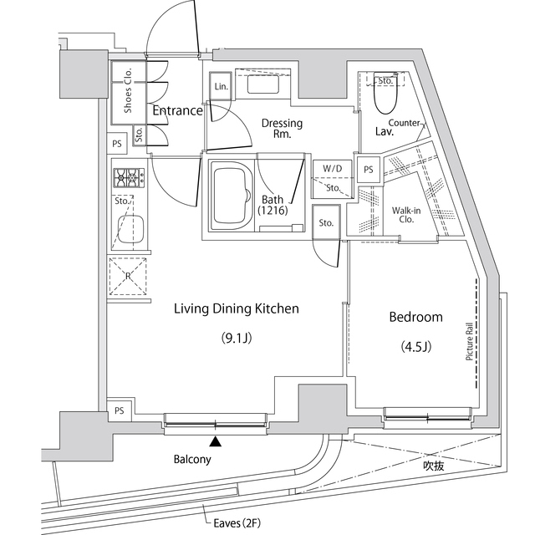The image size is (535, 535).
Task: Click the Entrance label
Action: [177, 110]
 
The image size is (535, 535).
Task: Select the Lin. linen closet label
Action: [221, 87]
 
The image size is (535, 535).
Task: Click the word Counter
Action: [405, 123]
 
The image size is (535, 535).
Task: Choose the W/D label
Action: [333, 168]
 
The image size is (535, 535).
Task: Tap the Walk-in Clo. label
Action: [406, 216]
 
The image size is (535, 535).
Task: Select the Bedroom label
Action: [415, 317]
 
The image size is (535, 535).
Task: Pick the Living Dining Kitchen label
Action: [236, 309]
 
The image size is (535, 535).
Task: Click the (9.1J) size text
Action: [237, 339]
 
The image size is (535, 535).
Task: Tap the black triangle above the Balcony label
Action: [216, 441]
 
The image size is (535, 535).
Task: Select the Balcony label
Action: [192, 460]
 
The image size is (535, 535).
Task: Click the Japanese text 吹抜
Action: [432, 466]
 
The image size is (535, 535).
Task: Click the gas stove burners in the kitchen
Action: [128, 176]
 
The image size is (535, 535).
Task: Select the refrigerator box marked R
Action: [126, 277]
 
